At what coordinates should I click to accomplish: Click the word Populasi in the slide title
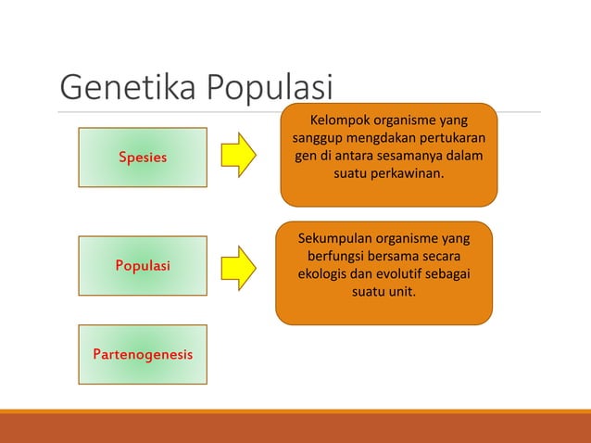269,90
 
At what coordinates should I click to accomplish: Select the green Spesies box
142,158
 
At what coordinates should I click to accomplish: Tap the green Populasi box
142,266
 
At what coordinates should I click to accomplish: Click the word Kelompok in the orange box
340,120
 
